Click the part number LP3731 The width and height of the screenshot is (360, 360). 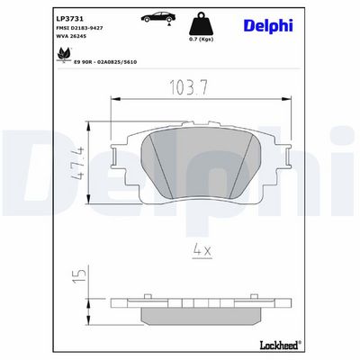(x=66, y=19)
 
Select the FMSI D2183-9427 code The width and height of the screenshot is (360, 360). (x=79, y=28)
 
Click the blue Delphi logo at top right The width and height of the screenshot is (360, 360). (x=268, y=25)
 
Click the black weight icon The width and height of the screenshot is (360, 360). (x=201, y=23)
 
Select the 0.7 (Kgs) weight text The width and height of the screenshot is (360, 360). (x=201, y=40)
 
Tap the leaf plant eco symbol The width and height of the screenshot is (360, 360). (x=64, y=55)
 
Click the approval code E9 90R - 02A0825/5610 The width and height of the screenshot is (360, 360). (x=105, y=62)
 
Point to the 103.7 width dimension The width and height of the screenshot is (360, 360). (x=189, y=87)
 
